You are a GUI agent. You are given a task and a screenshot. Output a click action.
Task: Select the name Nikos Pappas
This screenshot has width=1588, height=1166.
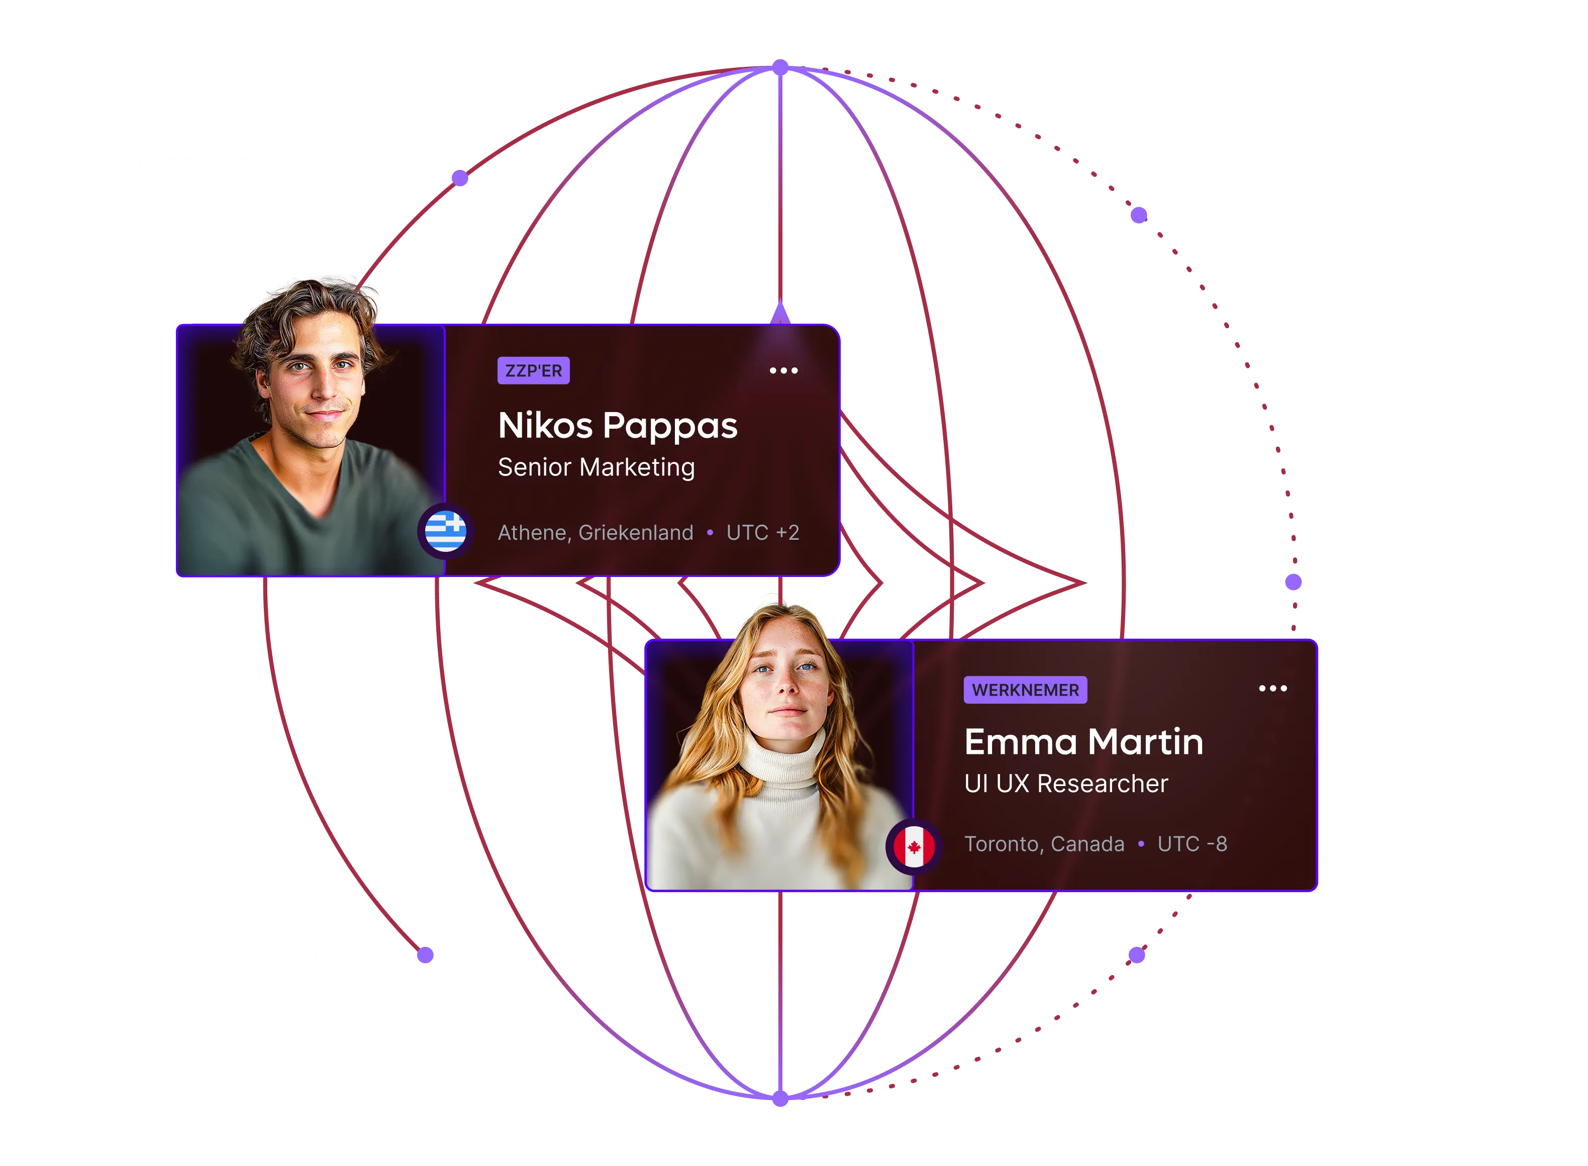pyautogui.click(x=618, y=426)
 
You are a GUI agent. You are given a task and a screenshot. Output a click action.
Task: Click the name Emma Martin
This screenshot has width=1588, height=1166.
pyautogui.click(x=1083, y=742)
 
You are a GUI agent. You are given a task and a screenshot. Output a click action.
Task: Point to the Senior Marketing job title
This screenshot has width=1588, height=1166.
pyautogui.click(x=597, y=467)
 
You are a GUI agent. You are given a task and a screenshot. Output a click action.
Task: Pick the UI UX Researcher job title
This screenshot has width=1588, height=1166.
pyautogui.click(x=1066, y=784)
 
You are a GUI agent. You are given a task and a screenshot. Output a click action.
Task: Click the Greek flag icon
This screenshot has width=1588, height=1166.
pyautogui.click(x=445, y=531)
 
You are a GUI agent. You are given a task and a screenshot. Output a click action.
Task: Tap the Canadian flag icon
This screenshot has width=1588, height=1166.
pyautogui.click(x=914, y=847)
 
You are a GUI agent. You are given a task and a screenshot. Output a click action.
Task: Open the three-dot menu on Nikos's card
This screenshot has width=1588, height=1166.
pyautogui.click(x=783, y=370)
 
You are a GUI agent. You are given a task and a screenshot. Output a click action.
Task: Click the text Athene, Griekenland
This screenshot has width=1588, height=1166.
pyautogui.click(x=595, y=533)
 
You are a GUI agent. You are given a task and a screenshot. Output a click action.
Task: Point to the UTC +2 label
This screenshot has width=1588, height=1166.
pyautogui.click(x=763, y=533)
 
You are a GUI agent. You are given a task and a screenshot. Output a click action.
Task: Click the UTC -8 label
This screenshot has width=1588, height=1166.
pyautogui.click(x=1192, y=844)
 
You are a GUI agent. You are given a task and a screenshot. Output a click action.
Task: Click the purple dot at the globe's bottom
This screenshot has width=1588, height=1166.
pyautogui.click(x=780, y=1098)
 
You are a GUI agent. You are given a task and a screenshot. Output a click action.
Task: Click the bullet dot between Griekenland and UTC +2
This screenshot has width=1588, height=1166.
pyautogui.click(x=710, y=533)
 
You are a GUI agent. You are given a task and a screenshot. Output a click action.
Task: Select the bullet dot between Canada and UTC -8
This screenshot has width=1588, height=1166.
pyautogui.click(x=1141, y=844)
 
